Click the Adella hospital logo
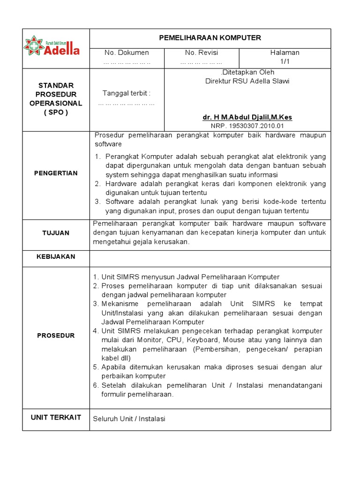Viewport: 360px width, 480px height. [52, 46]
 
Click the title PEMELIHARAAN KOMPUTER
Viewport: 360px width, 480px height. [210, 38]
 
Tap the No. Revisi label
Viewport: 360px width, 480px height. [202, 52]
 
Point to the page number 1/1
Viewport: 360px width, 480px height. [285, 62]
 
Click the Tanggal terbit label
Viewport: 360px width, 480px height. [127, 93]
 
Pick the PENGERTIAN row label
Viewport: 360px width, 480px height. [56, 173]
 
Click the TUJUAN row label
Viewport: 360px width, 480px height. [56, 233]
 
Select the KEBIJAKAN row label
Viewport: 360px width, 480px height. [56, 257]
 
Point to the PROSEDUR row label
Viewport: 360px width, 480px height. [56, 336]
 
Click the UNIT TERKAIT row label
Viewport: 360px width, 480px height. [56, 418]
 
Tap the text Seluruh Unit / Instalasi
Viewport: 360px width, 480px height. [129, 419]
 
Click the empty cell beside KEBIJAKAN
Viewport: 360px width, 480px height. [210, 257]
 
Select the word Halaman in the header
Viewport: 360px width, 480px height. [285, 52]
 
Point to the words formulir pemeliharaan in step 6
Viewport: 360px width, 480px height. [137, 394]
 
